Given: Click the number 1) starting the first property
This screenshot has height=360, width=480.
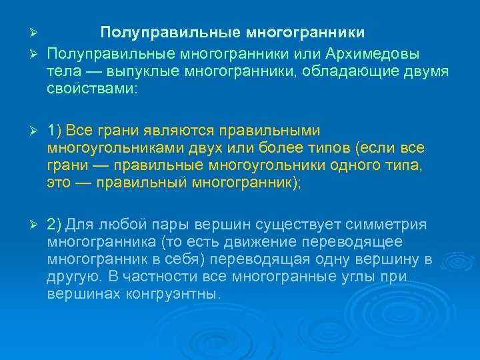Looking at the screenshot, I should click(x=55, y=129).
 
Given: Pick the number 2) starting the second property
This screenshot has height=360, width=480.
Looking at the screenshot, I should click(x=55, y=225).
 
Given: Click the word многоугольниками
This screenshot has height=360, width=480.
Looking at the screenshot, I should click(x=117, y=147).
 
